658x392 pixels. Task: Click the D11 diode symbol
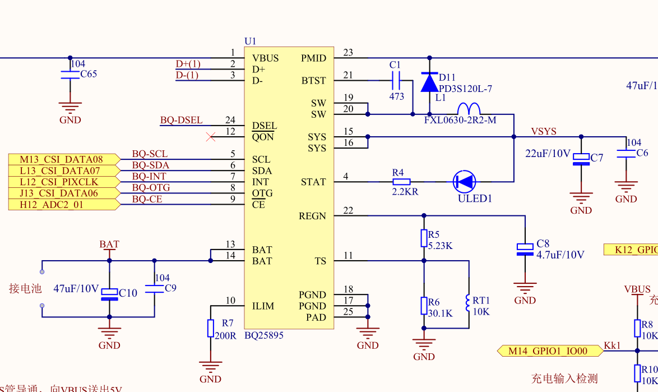(x=429, y=82)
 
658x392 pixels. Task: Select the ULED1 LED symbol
(x=464, y=182)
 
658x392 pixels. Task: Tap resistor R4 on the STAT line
(x=401, y=182)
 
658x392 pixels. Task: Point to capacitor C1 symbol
(x=396, y=80)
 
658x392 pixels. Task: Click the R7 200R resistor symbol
(x=211, y=328)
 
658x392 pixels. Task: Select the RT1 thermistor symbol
(x=469, y=303)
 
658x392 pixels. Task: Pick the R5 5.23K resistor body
(x=424, y=238)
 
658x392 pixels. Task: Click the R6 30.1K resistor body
(x=424, y=306)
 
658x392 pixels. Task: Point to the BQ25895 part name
(x=263, y=335)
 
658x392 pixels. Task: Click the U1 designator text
(x=250, y=41)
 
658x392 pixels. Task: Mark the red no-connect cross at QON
(x=211, y=137)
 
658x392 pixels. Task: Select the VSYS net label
(x=544, y=131)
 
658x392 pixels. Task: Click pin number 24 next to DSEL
(x=230, y=120)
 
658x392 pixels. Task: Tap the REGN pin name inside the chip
(x=312, y=216)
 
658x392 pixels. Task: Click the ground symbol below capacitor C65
(x=70, y=108)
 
